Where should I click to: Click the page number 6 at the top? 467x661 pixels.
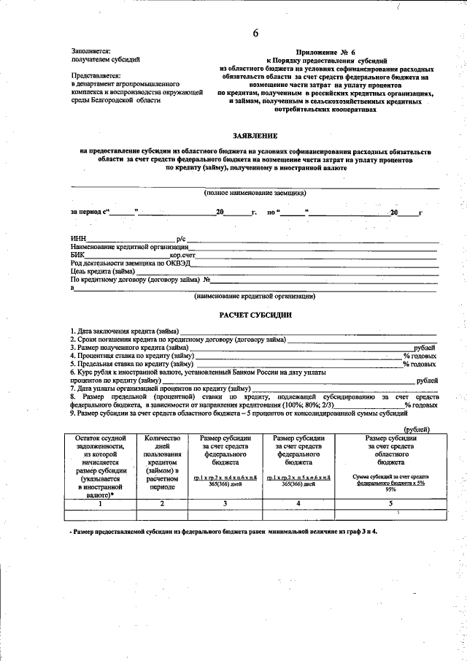click(255, 33)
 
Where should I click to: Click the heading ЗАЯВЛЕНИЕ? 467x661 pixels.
click(255, 136)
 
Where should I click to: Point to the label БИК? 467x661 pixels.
click(77, 256)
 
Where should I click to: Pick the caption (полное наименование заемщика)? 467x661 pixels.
click(255, 194)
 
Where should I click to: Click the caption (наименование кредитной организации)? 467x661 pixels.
click(255, 297)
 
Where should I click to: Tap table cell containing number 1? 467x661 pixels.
click(101, 504)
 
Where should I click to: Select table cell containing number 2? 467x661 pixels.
click(163, 504)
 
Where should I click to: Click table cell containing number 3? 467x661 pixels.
click(225, 504)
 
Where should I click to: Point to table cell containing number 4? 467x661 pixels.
click(299, 504)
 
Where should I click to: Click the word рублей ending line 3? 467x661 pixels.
click(425, 348)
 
